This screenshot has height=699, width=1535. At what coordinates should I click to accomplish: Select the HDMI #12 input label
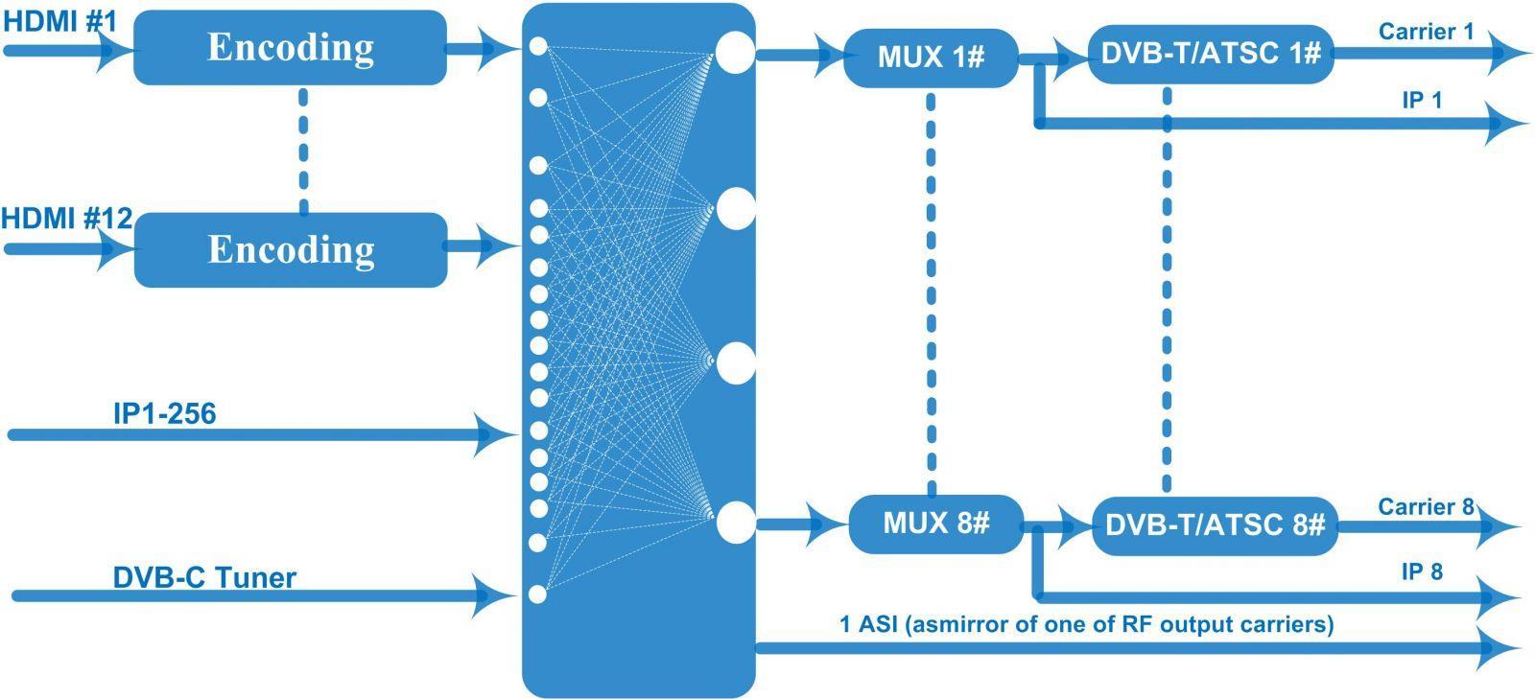(66, 219)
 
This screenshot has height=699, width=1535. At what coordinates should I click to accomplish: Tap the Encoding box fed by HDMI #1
(290, 47)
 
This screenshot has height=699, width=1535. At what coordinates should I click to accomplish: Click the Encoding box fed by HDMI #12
(291, 249)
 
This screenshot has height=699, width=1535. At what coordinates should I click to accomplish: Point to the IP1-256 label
(164, 413)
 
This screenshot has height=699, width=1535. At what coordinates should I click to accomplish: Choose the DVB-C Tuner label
(204, 577)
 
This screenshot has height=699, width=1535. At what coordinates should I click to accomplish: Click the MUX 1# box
(930, 58)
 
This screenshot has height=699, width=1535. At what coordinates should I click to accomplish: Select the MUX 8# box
(934, 524)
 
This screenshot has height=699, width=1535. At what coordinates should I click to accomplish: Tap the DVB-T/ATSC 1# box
(1212, 54)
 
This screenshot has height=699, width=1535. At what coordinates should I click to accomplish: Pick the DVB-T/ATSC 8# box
(1215, 525)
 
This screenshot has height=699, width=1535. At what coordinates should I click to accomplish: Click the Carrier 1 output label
(1426, 32)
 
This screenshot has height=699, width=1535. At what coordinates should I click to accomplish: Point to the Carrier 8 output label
(1426, 506)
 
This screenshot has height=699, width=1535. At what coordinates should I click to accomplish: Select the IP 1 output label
(1422, 100)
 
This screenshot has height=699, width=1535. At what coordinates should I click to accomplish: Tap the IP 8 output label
(1422, 572)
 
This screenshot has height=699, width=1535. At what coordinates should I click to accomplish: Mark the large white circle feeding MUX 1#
(734, 52)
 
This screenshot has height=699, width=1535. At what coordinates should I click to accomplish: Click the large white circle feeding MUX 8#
(735, 523)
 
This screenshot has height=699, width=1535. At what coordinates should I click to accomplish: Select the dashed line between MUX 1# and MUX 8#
(931, 288)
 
